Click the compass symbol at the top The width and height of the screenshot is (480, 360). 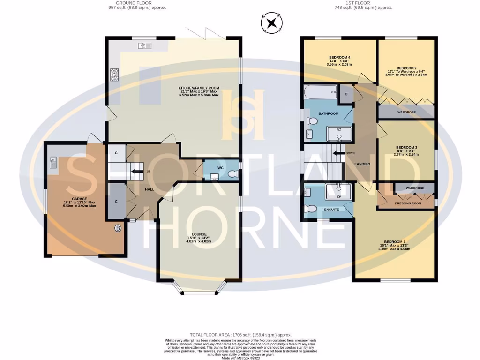pos(272,23)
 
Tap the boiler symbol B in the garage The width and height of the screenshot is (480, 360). pos(118,228)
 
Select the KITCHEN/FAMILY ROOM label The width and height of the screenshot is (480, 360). pos(199,88)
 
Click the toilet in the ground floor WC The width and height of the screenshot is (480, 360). pos(231,174)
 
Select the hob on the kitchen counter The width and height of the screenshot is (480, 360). pos(114,74)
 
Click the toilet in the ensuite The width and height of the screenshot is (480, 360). pos(311,209)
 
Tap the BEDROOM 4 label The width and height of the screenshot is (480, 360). pos(340,57)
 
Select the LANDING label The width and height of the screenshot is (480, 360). pos(362,164)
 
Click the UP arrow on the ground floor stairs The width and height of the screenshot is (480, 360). pos(139,171)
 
